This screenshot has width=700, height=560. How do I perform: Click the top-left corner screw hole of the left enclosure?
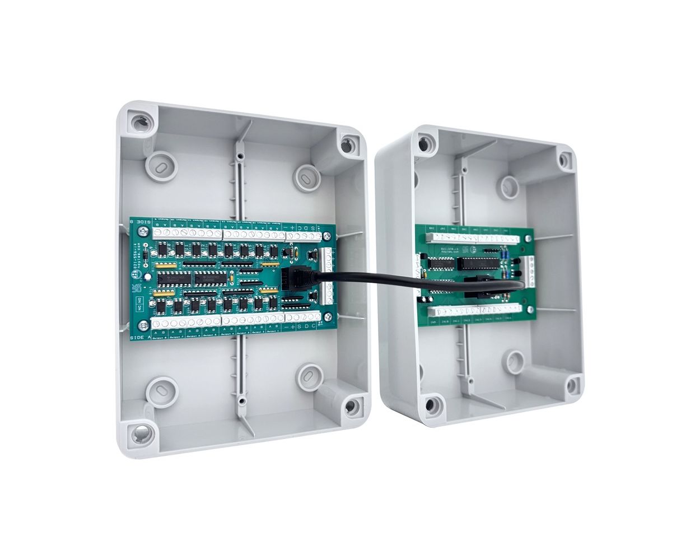[139, 120]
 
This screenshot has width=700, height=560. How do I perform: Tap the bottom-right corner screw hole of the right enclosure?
[572, 384]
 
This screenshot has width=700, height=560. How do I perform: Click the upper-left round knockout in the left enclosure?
[160, 167]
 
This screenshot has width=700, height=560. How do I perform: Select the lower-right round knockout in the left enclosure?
[307, 376]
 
